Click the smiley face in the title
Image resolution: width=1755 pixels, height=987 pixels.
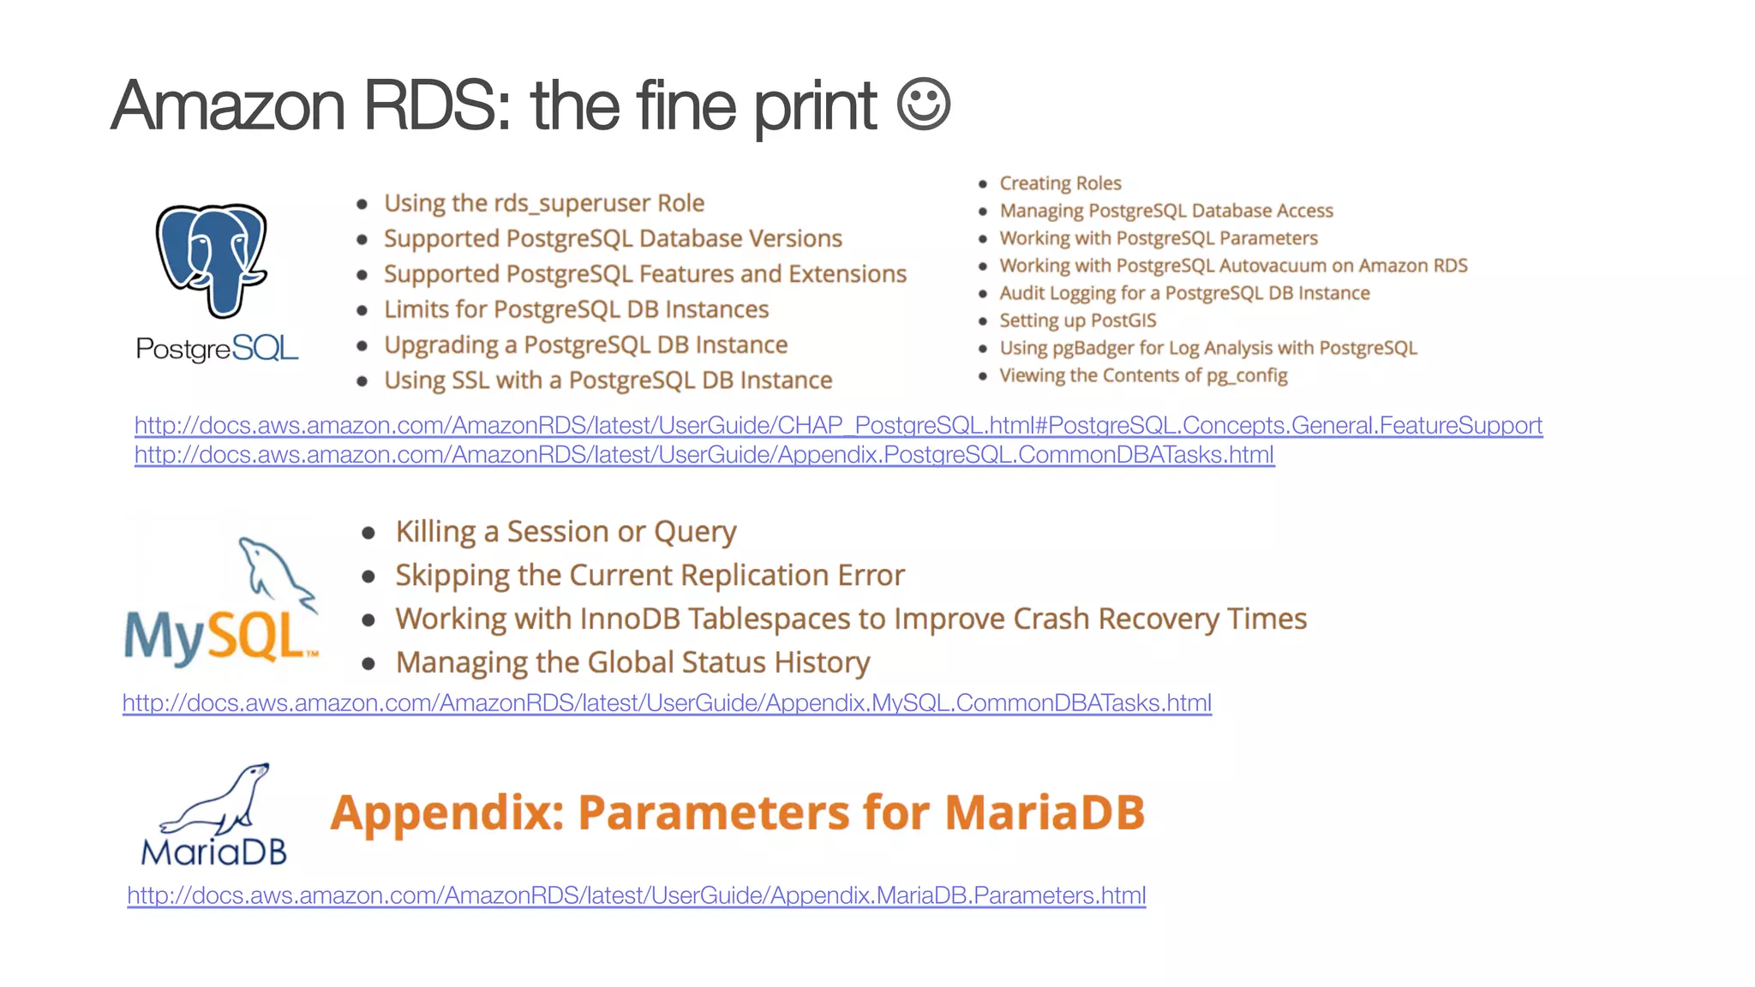pyautogui.click(x=923, y=105)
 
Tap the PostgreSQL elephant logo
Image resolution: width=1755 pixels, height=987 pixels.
pyautogui.click(x=212, y=259)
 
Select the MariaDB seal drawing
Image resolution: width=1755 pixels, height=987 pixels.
pyautogui.click(x=219, y=800)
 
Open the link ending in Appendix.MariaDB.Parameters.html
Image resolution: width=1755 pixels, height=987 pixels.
pyautogui.click(x=636, y=895)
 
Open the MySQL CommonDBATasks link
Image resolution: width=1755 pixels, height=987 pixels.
pyautogui.click(x=667, y=703)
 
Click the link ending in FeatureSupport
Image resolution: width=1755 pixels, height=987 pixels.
pyautogui.click(x=838, y=426)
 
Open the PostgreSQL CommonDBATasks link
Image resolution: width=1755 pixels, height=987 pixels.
pyautogui.click(x=704, y=455)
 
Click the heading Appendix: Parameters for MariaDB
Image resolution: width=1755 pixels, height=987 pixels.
pyautogui.click(x=737, y=812)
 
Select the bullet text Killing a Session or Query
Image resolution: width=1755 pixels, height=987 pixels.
pyautogui.click(x=566, y=532)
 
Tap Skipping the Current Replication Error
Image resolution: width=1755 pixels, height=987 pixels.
pyautogui.click(x=650, y=576)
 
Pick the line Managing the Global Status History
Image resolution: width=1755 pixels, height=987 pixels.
pyautogui.click(x=632, y=663)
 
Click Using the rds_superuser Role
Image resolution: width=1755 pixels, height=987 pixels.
pyautogui.click(x=543, y=203)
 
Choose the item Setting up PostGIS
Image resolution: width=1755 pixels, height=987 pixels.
pyautogui.click(x=1077, y=320)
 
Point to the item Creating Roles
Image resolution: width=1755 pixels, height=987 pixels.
pyautogui.click(x=1060, y=183)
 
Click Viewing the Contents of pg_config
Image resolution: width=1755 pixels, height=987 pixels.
pyautogui.click(x=1143, y=375)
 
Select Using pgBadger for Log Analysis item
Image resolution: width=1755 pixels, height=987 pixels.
pyautogui.click(x=1207, y=348)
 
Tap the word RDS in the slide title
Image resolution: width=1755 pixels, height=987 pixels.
pyautogui.click(x=436, y=106)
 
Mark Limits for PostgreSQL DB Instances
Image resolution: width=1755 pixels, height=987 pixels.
pyautogui.click(x=576, y=309)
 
